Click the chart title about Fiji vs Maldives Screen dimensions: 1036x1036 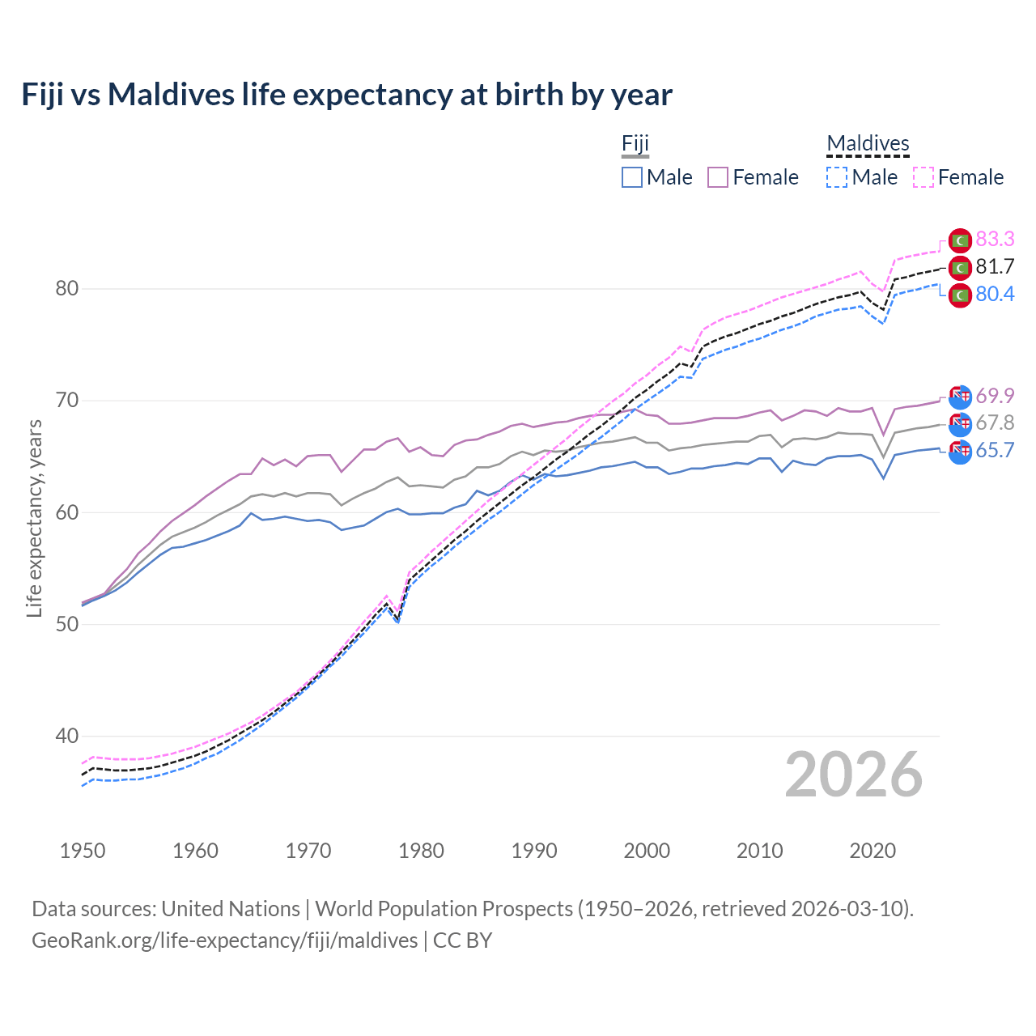point(346,95)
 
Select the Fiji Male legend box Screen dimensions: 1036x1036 point(632,177)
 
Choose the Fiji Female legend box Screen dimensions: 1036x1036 point(718,177)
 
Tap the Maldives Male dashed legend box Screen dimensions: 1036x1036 point(837,177)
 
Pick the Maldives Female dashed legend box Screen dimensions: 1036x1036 point(923,177)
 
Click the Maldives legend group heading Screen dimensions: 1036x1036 point(868,143)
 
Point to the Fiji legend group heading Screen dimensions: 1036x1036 point(635,143)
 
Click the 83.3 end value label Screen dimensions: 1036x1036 point(995,239)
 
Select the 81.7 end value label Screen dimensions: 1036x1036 point(995,266)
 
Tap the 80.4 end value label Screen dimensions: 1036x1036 point(995,294)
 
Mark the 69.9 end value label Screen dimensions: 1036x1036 point(995,396)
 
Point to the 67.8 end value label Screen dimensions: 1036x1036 point(995,422)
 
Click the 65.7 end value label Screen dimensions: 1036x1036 point(995,450)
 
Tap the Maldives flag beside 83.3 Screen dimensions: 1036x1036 point(960,240)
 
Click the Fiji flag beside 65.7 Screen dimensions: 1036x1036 point(960,452)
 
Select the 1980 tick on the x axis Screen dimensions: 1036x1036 point(421,851)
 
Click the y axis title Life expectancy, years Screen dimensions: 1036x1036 point(34,518)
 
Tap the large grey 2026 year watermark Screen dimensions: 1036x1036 point(854,775)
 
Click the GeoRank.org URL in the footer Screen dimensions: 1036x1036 point(224,940)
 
